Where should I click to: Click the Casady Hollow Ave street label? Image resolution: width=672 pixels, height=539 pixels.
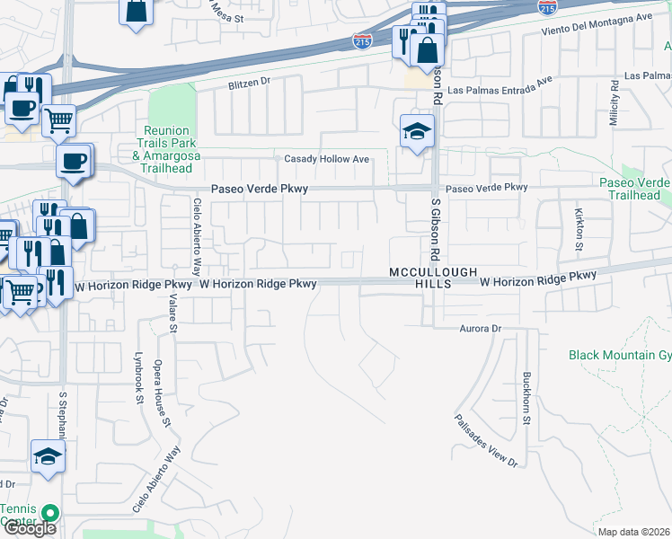327,159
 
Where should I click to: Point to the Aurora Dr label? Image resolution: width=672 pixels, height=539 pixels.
480,329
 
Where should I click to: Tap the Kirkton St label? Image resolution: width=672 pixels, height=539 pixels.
579,229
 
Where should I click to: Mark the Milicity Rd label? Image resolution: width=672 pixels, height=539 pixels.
615,104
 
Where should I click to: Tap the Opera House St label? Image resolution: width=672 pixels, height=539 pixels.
167,396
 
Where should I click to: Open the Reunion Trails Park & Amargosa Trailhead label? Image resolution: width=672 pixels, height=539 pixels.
166,143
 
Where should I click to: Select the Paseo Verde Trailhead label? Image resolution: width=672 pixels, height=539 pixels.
634,189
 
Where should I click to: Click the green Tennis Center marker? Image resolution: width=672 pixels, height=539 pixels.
50,514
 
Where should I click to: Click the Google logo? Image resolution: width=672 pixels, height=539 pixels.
30,528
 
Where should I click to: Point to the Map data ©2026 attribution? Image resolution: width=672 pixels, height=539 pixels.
632,532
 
